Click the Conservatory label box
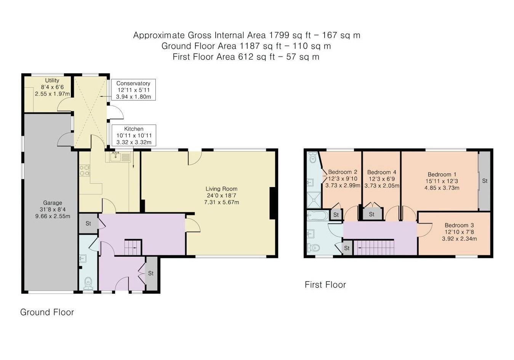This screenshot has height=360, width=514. pyautogui.click(x=133, y=90)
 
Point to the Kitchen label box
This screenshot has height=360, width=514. pyautogui.click(x=134, y=136)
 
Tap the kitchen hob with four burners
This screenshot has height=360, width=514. pyautogui.click(x=84, y=170)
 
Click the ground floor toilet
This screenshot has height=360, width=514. pyautogui.click(x=88, y=283)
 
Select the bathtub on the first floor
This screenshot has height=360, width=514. pyautogui.click(x=317, y=215)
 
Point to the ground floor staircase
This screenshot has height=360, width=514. pyautogui.click(x=133, y=248)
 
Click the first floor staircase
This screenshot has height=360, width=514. pyautogui.click(x=373, y=248)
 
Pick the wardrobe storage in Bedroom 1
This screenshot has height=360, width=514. pyautogui.click(x=484, y=181)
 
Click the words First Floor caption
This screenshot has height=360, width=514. pyautogui.click(x=325, y=285)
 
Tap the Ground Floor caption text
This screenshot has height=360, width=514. pyautogui.click(x=47, y=312)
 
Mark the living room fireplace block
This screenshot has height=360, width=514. pyautogui.click(x=272, y=203)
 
